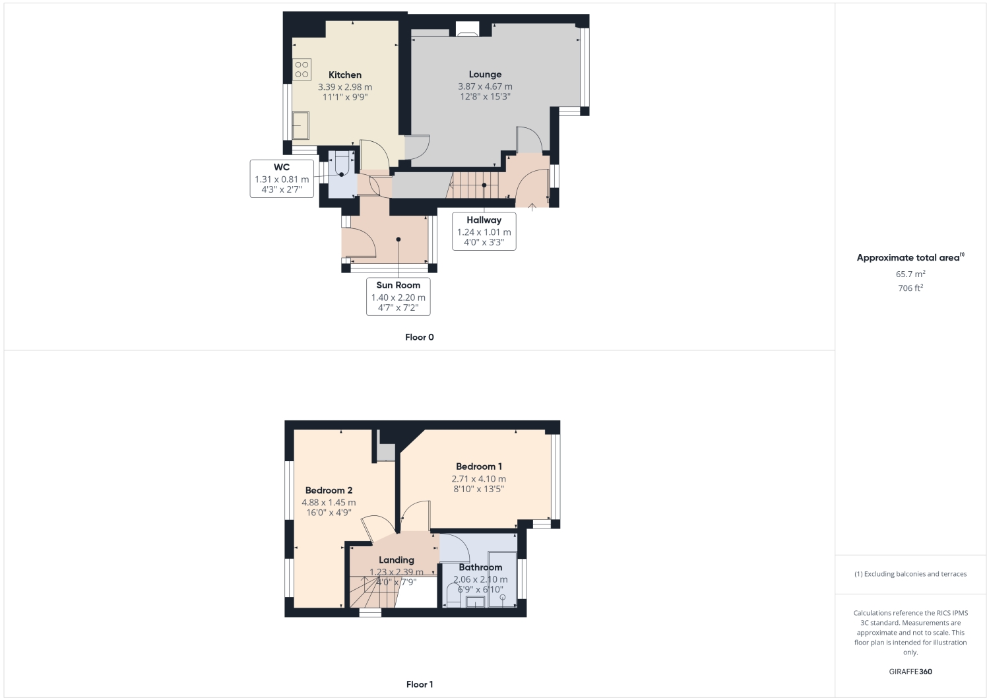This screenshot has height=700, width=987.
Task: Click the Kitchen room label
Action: [344, 75]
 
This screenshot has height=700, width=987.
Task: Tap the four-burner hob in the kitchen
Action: [302, 69]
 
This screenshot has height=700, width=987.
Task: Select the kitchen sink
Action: [301, 125]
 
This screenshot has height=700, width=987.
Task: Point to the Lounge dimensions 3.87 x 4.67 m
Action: [485, 86]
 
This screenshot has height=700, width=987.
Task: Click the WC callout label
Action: [282, 168]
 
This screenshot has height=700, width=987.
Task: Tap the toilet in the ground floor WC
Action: [342, 163]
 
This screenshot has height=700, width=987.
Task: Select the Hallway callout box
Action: [484, 231]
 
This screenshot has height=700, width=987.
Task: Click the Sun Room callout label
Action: [398, 286]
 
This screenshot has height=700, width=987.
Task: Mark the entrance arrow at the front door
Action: [532, 207]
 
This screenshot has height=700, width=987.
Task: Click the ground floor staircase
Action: [474, 185]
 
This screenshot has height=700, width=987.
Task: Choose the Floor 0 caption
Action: [419, 337]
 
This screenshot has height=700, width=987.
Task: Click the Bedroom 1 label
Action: [478, 466]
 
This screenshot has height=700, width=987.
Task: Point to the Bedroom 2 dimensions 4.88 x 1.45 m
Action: [329, 503]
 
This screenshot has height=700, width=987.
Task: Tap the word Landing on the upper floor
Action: [396, 560]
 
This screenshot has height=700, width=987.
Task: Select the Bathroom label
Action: [480, 567]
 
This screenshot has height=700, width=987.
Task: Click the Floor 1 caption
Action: [420, 684]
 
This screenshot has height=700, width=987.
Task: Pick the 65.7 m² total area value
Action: [910, 274]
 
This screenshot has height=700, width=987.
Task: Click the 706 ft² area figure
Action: [910, 288]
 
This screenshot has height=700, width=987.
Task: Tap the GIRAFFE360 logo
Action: [910, 672]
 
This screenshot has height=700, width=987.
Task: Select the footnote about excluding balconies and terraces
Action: [910, 574]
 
